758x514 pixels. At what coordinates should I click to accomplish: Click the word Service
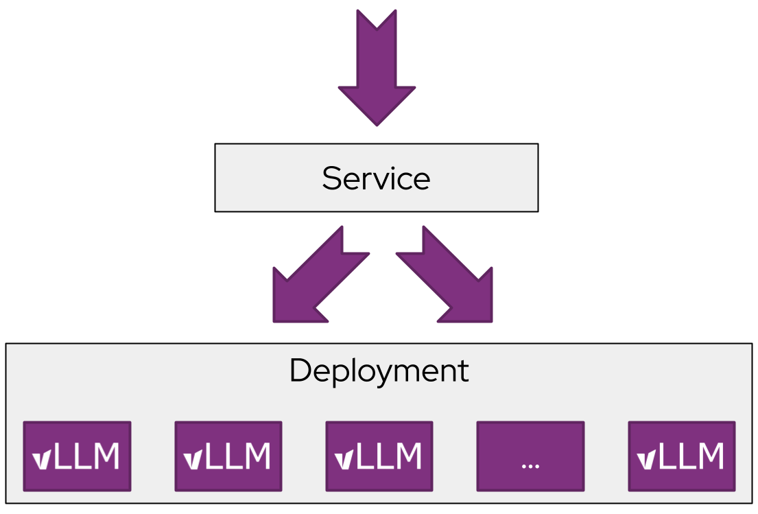pos(376,178)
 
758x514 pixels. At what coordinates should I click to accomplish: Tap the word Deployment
pos(379,371)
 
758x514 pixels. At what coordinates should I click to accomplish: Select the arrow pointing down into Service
pos(377,69)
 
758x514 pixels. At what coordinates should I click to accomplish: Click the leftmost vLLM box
pos(77,456)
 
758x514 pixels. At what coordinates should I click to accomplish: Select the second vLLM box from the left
pos(228,456)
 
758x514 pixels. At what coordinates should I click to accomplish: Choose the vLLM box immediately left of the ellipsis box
pos(379,456)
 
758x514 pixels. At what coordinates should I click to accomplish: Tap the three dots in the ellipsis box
pos(530,465)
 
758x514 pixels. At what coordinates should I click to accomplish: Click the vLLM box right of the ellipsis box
pos(681,456)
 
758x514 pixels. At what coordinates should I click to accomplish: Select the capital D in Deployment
pos(299,371)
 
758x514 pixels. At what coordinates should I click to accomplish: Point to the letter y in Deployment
pos(375,375)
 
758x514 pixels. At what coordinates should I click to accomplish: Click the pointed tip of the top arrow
pos(377,124)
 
